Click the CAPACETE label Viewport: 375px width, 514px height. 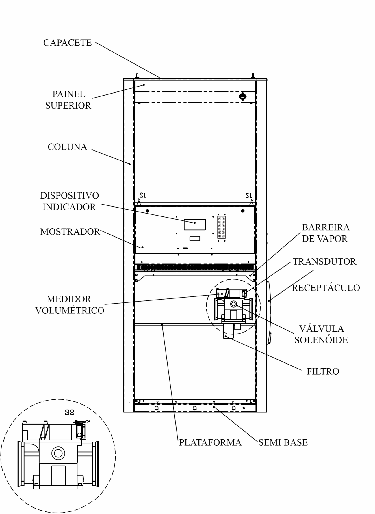68,43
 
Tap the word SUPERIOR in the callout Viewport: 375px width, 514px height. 68,106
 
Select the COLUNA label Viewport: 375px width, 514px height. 67,147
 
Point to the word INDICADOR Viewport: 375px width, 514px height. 69,207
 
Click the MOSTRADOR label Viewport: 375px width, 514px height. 70,232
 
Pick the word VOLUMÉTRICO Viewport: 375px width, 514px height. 70,311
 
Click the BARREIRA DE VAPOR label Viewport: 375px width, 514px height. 326,233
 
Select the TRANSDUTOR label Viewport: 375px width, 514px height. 324,261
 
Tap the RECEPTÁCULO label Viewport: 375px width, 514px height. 326,288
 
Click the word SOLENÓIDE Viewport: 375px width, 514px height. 321,340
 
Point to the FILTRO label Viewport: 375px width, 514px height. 323,371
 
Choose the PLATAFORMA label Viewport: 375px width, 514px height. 210,442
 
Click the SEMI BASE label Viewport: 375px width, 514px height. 283,442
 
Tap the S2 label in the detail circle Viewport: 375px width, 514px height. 69,412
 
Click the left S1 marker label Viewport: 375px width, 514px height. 143,195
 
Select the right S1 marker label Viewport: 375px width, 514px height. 249,195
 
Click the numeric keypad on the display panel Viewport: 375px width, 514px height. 222,227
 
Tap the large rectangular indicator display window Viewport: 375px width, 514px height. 195,225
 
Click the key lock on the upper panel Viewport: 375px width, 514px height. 242,96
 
